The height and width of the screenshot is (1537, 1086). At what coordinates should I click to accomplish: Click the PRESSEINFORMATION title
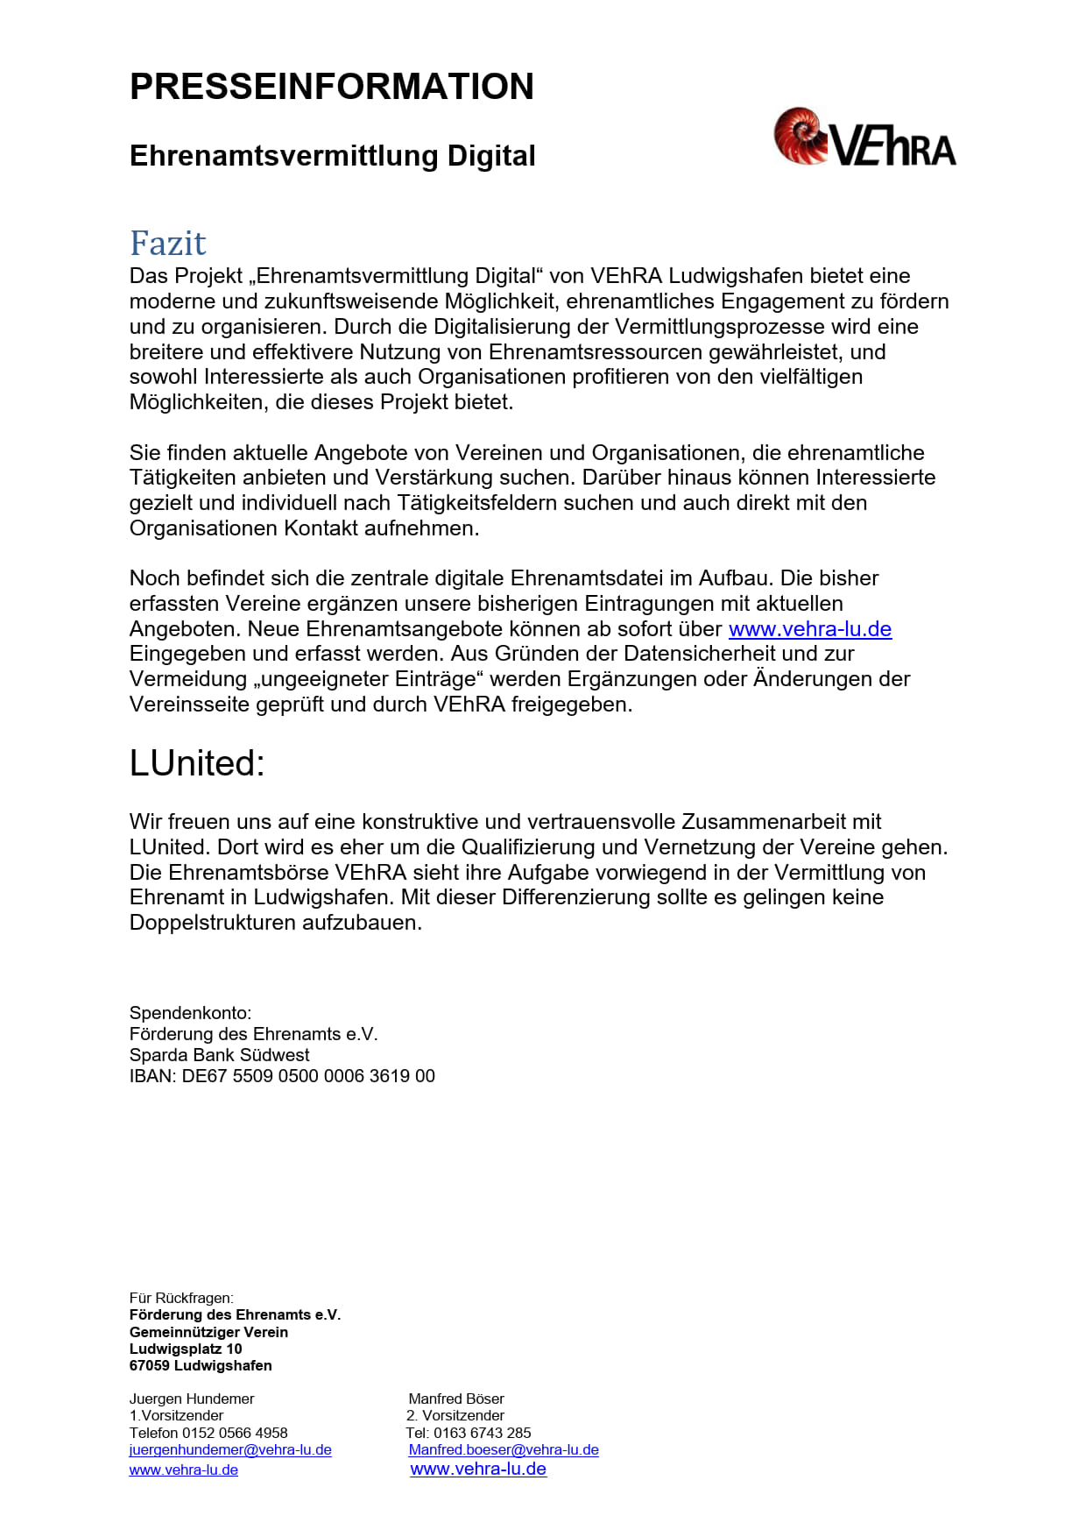[x=331, y=87]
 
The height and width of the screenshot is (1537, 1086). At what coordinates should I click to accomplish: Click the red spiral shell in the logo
[x=799, y=136]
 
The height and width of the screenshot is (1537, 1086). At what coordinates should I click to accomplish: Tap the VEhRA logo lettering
[x=893, y=146]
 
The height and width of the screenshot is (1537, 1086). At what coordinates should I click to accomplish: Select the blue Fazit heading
[x=167, y=243]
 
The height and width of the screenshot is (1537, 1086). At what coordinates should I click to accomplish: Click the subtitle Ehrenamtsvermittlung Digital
[x=332, y=156]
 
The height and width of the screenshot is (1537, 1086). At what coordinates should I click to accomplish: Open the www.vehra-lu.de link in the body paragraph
[x=809, y=629]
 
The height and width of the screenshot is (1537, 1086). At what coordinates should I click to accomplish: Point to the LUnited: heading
[x=197, y=763]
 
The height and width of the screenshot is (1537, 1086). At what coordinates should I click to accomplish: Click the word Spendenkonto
[x=190, y=1013]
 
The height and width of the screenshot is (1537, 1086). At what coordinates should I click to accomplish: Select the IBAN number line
[x=282, y=1076]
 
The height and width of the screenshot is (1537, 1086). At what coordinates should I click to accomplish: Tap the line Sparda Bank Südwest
[x=219, y=1055]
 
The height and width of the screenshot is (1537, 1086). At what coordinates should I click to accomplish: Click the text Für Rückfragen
[x=181, y=1298]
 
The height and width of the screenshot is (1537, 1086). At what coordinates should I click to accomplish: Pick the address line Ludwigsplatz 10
[x=186, y=1349]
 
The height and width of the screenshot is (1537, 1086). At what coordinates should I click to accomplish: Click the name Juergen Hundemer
[x=192, y=1399]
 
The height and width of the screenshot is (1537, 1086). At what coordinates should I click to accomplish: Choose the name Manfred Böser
[x=456, y=1399]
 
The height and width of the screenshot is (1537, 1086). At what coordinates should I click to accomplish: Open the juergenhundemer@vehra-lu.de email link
[x=230, y=1449]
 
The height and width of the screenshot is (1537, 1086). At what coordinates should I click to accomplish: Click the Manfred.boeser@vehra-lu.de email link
[x=504, y=1449]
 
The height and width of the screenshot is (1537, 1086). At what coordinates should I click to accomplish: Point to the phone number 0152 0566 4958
[x=235, y=1433]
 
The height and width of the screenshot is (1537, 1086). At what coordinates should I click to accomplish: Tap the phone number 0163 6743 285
[x=482, y=1433]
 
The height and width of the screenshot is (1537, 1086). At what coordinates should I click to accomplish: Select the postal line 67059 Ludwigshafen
[x=201, y=1365]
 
